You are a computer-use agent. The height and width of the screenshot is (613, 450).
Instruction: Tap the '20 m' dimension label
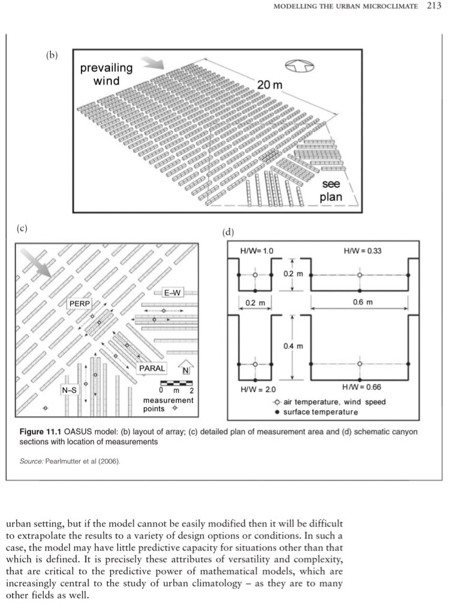pyautogui.click(x=269, y=85)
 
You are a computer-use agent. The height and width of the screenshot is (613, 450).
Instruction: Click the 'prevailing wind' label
pyautogui.click(x=106, y=74)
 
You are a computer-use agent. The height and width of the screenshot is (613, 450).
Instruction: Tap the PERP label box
pyautogui.click(x=80, y=304)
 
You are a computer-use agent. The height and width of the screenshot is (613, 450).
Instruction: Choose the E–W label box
pyautogui.click(x=171, y=293)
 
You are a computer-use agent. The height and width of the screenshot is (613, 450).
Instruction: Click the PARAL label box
pyautogui.click(x=152, y=368)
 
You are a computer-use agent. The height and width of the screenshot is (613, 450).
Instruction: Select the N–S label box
pyautogui.click(x=70, y=390)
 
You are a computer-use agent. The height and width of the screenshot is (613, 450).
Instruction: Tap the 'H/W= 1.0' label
pyautogui.click(x=256, y=250)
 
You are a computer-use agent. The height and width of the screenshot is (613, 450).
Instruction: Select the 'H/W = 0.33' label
pyautogui.click(x=363, y=250)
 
